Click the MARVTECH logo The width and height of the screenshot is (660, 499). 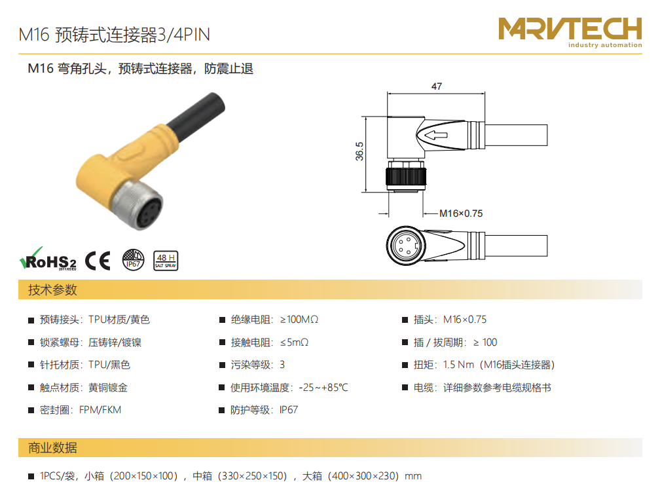coord(570,33)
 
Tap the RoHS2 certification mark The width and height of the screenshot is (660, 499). coord(48,259)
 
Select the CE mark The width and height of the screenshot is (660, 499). coord(98,261)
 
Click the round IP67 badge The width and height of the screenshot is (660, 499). coord(133,260)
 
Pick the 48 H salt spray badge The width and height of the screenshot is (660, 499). coord(166,260)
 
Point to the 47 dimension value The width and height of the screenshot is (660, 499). coord(437,86)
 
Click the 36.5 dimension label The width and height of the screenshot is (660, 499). coord(359,151)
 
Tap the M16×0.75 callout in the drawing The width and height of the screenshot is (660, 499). coord(461,213)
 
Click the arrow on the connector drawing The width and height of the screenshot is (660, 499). coord(436,135)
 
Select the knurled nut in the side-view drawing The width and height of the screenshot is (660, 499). coord(406,176)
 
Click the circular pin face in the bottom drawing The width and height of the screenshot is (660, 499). coord(406,246)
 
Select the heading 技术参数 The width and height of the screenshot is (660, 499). coord(52,289)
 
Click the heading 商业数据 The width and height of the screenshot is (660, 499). coord(52,448)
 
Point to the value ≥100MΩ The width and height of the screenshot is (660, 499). coord(299,320)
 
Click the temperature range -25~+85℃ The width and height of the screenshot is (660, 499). coord(323,388)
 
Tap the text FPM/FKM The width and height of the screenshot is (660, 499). coord(100,410)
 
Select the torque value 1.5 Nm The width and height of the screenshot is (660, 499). coord(459,365)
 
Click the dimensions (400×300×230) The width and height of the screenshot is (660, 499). coord(363,476)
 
